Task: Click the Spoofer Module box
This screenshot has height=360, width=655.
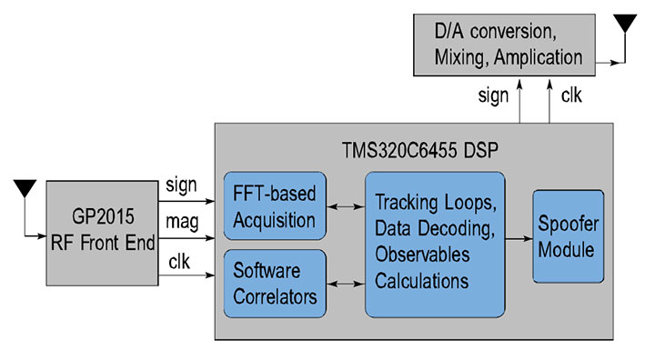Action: pyautogui.click(x=568, y=236)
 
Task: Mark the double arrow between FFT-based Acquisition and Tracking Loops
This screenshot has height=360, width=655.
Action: pyautogui.click(x=345, y=208)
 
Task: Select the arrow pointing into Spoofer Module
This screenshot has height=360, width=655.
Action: pyautogui.click(x=518, y=238)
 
